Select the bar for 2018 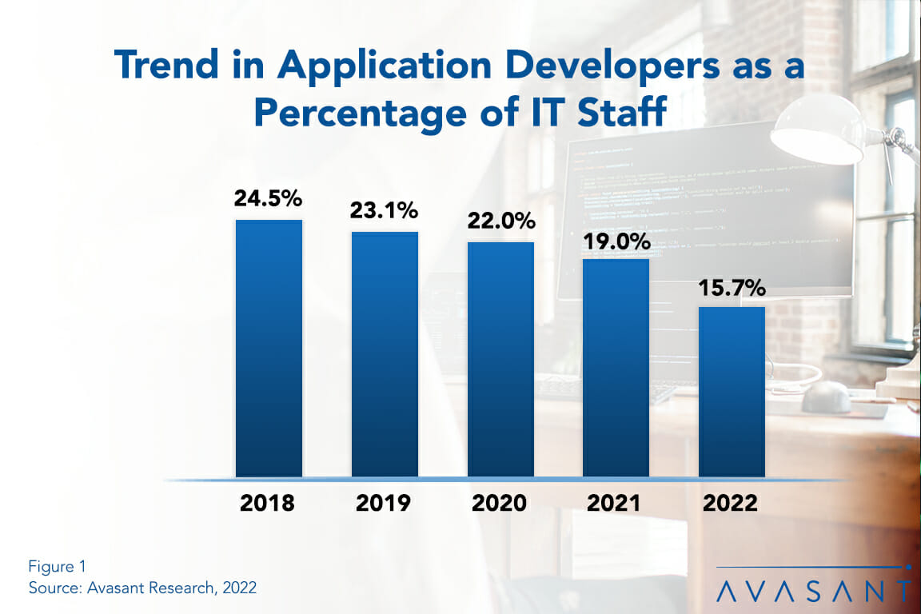269,349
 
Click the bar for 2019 385,354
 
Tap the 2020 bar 500,359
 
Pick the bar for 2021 616,368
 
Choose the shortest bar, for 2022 732,392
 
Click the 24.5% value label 269,199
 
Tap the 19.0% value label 616,240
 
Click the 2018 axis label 268,504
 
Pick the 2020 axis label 500,504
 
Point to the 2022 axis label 731,504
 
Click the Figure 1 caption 57,567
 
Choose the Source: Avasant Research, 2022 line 142,588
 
